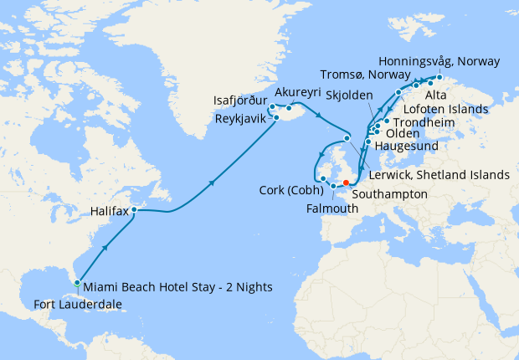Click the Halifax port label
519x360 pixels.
(x=109, y=213)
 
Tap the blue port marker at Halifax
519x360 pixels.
(x=133, y=209)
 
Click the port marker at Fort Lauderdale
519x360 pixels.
(x=77, y=283)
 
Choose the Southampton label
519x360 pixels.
(x=390, y=193)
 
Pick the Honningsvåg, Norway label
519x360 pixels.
(x=439, y=62)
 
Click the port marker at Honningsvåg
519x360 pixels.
(x=439, y=77)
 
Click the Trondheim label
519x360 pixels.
(x=423, y=123)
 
